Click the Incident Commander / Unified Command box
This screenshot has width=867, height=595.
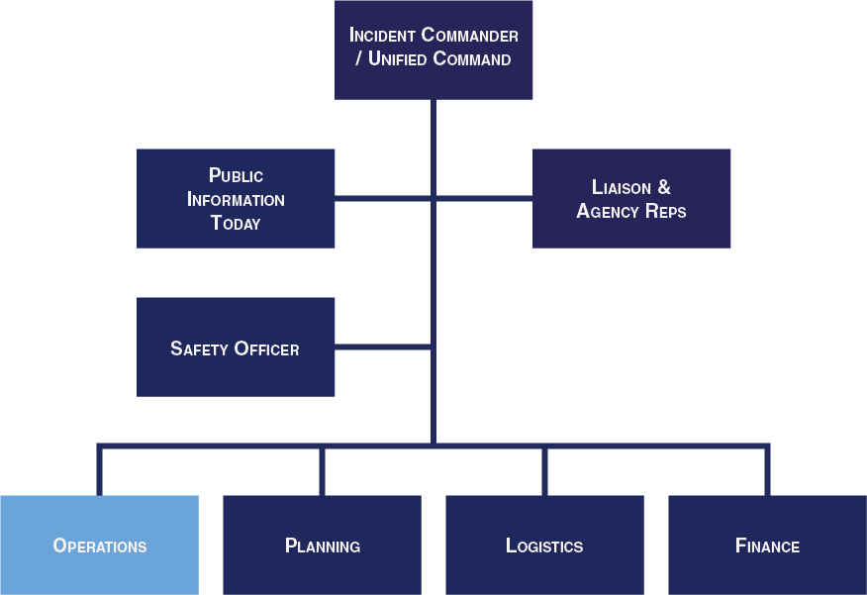coord(433,50)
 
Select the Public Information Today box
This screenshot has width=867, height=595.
coord(236,199)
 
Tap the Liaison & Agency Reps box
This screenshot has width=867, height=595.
coord(631,199)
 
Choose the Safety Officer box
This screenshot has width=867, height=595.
coord(236,347)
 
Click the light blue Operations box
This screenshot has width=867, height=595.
coord(100,545)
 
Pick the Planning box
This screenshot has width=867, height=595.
coord(323,545)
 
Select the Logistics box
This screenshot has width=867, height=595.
coord(544,545)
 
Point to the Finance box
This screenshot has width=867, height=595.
coord(767,545)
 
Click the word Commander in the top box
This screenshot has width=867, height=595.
coord(469,35)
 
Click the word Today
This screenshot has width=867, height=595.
coord(236,223)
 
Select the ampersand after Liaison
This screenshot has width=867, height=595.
coord(664,187)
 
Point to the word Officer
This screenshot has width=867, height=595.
coord(266,348)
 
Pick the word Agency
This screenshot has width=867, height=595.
coord(608,211)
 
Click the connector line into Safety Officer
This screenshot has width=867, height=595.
coord(383,347)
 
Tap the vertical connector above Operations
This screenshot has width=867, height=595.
coord(100,469)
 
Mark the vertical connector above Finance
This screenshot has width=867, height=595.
coord(767,469)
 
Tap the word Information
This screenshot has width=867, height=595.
coord(236,199)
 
